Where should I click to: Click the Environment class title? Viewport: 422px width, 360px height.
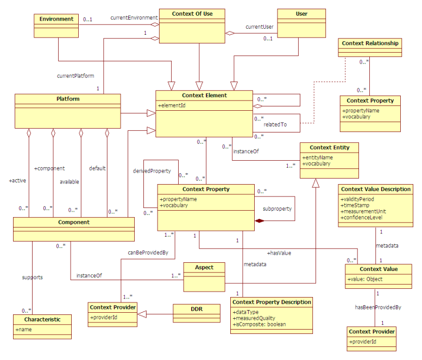(56, 19)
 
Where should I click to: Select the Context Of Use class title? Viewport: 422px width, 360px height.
(192, 14)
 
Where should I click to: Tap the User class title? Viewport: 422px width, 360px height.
(301, 14)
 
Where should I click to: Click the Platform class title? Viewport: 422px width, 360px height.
(68, 99)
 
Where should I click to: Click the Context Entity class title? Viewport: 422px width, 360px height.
(330, 147)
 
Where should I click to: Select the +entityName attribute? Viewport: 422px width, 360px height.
(319, 157)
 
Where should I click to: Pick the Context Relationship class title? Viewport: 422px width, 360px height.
(370, 43)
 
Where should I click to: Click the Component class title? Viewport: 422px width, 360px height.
(74, 222)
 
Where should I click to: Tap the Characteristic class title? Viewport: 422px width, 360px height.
(42, 319)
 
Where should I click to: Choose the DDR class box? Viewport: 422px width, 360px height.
(197, 312)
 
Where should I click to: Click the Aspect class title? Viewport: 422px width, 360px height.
(204, 267)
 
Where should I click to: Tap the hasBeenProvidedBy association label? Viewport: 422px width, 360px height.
(378, 307)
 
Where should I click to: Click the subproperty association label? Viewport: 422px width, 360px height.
(277, 208)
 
